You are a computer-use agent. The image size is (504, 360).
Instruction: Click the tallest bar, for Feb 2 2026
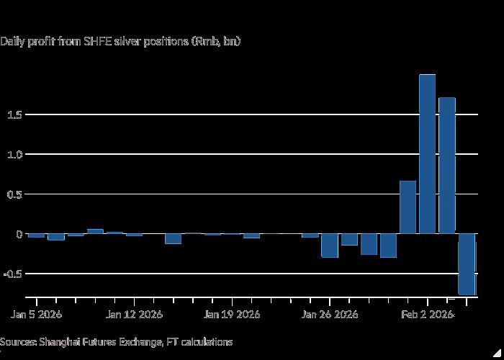click(427, 154)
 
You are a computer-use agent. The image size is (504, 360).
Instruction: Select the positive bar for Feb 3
click(447, 165)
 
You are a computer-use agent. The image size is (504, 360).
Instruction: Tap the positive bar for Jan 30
click(408, 207)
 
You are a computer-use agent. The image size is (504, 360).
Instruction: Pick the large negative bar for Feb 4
click(467, 264)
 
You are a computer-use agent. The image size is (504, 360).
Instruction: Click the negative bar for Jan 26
click(330, 246)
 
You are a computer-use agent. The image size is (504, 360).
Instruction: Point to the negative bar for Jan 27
click(349, 240)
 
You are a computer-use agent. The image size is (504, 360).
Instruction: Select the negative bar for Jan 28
click(369, 244)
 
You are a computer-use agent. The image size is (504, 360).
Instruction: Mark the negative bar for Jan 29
click(388, 246)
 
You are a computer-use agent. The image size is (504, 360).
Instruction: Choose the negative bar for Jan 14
click(174, 239)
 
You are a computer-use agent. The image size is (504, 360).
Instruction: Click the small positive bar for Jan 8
click(95, 231)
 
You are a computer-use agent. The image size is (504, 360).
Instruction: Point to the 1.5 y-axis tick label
click(14, 114)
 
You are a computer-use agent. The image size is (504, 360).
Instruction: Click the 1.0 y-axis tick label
click(14, 155)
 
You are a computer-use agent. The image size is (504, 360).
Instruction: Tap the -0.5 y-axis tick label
click(13, 274)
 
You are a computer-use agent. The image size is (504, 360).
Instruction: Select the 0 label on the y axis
click(19, 234)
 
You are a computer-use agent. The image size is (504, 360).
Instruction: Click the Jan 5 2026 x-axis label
click(36, 314)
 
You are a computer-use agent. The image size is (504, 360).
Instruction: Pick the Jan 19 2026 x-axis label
click(232, 314)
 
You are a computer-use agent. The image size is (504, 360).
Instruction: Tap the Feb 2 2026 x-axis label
click(428, 314)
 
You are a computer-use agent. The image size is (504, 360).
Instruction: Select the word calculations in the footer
click(207, 342)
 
